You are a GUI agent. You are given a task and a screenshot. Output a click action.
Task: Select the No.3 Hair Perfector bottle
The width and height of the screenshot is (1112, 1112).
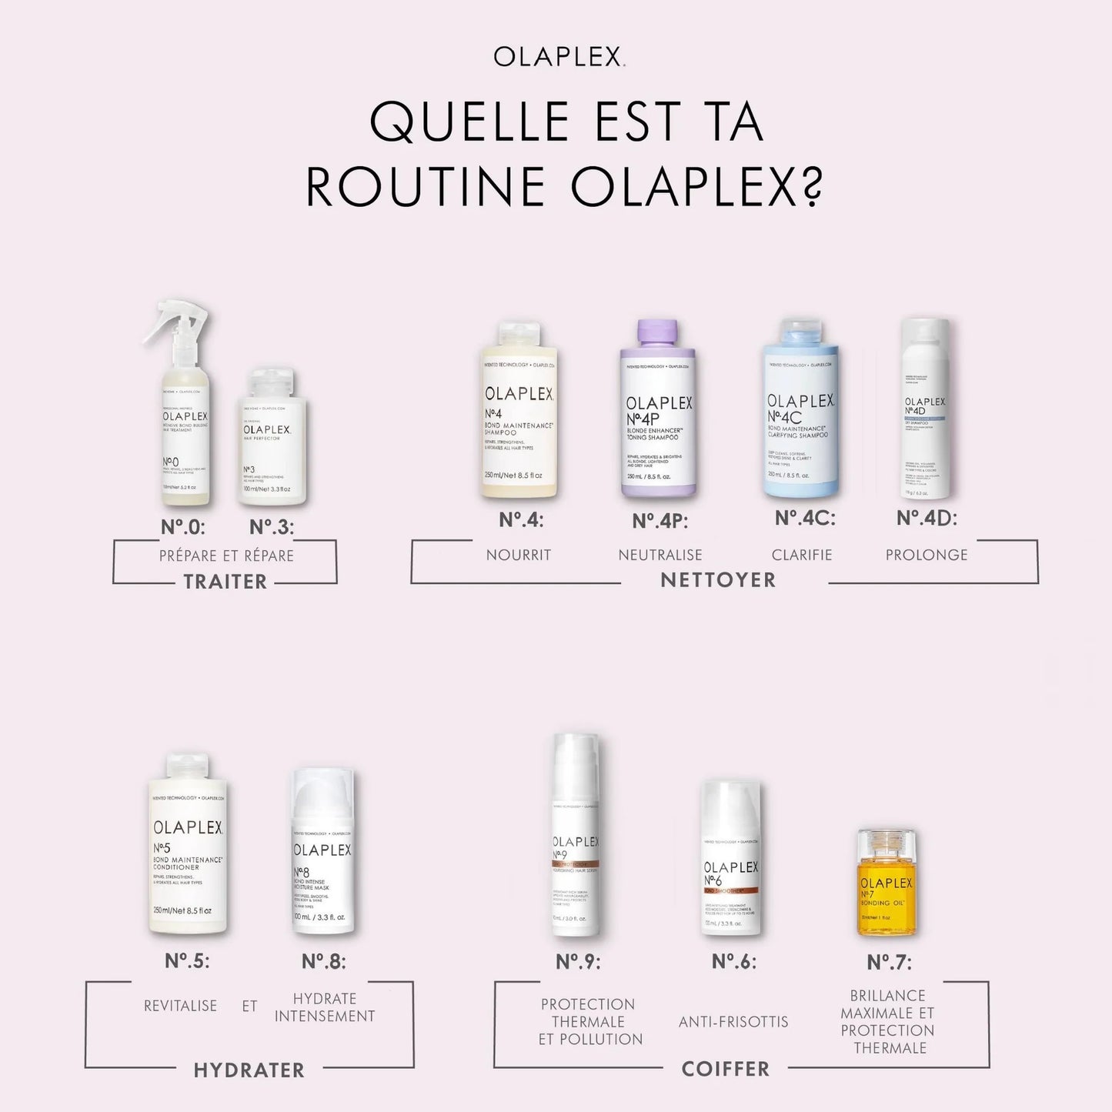(271, 439)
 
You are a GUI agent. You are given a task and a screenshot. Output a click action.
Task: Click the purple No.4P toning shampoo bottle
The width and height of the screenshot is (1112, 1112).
(658, 412)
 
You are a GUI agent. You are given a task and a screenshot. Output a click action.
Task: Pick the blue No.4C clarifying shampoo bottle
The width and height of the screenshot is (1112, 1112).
(800, 412)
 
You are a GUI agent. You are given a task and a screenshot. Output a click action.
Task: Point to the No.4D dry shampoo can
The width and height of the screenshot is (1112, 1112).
(925, 412)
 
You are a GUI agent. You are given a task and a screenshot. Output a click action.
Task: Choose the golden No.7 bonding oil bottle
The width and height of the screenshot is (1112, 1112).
(887, 885)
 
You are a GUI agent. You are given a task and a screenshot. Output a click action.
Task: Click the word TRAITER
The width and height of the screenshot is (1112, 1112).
(225, 582)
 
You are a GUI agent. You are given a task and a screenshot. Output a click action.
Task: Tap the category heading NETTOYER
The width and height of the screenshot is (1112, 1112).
(718, 580)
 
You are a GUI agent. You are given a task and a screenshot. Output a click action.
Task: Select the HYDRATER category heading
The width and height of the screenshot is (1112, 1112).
(249, 1070)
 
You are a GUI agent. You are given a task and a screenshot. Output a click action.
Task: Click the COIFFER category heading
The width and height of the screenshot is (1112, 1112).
(725, 1069)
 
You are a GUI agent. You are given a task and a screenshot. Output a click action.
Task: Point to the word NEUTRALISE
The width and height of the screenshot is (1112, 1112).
(660, 555)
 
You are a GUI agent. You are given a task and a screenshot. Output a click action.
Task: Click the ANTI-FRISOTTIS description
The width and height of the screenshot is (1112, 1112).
(733, 1022)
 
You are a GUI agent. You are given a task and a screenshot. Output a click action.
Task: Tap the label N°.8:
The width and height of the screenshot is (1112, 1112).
(324, 961)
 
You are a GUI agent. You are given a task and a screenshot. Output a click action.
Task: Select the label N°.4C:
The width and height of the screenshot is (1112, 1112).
(805, 519)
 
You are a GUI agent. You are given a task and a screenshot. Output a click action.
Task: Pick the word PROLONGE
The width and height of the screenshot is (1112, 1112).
(927, 555)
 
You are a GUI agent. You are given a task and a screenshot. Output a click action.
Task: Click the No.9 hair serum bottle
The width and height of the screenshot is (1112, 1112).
(576, 839)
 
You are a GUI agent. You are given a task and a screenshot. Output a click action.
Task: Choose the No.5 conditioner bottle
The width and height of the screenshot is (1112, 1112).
(188, 847)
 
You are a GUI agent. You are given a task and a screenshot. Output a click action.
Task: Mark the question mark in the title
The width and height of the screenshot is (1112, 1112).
(811, 186)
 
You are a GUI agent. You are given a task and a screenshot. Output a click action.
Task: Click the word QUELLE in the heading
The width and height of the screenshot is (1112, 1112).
(469, 122)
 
